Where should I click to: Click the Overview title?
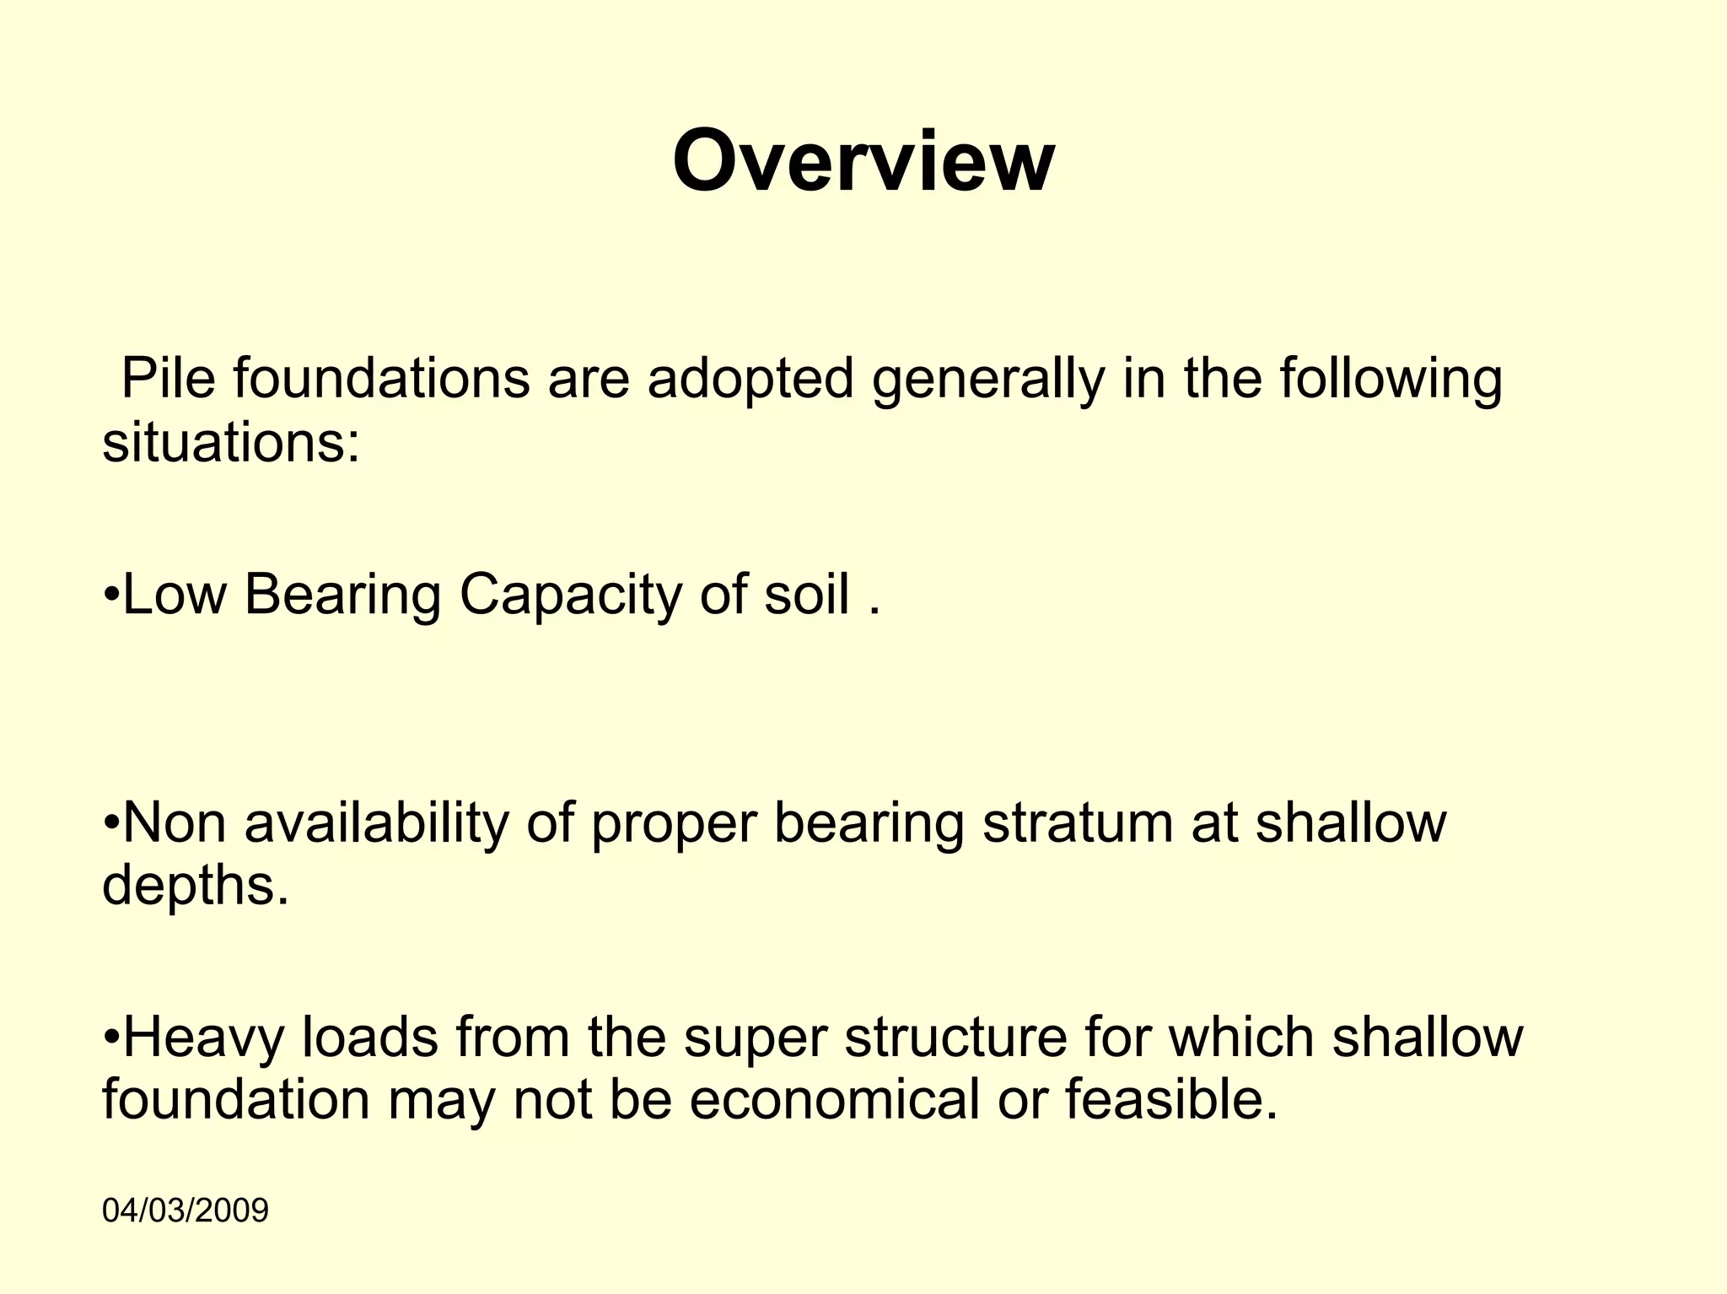click(x=863, y=162)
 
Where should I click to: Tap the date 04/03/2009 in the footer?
click(x=185, y=1210)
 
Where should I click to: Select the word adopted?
click(x=751, y=380)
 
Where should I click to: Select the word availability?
click(x=377, y=824)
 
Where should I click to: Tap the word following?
click(x=1391, y=380)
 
